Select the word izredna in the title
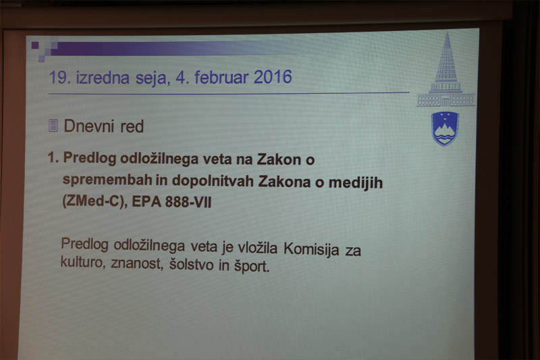tap(103, 77)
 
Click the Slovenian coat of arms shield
tap(445, 129)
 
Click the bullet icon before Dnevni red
tap(53, 126)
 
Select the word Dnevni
tap(89, 126)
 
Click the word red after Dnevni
tap(132, 126)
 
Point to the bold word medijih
tap(356, 182)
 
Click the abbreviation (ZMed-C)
tap(92, 201)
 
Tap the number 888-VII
tap(188, 202)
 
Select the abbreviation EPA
tap(146, 201)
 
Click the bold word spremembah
tap(107, 180)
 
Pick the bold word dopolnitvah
tap(213, 180)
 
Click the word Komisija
tap(311, 249)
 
